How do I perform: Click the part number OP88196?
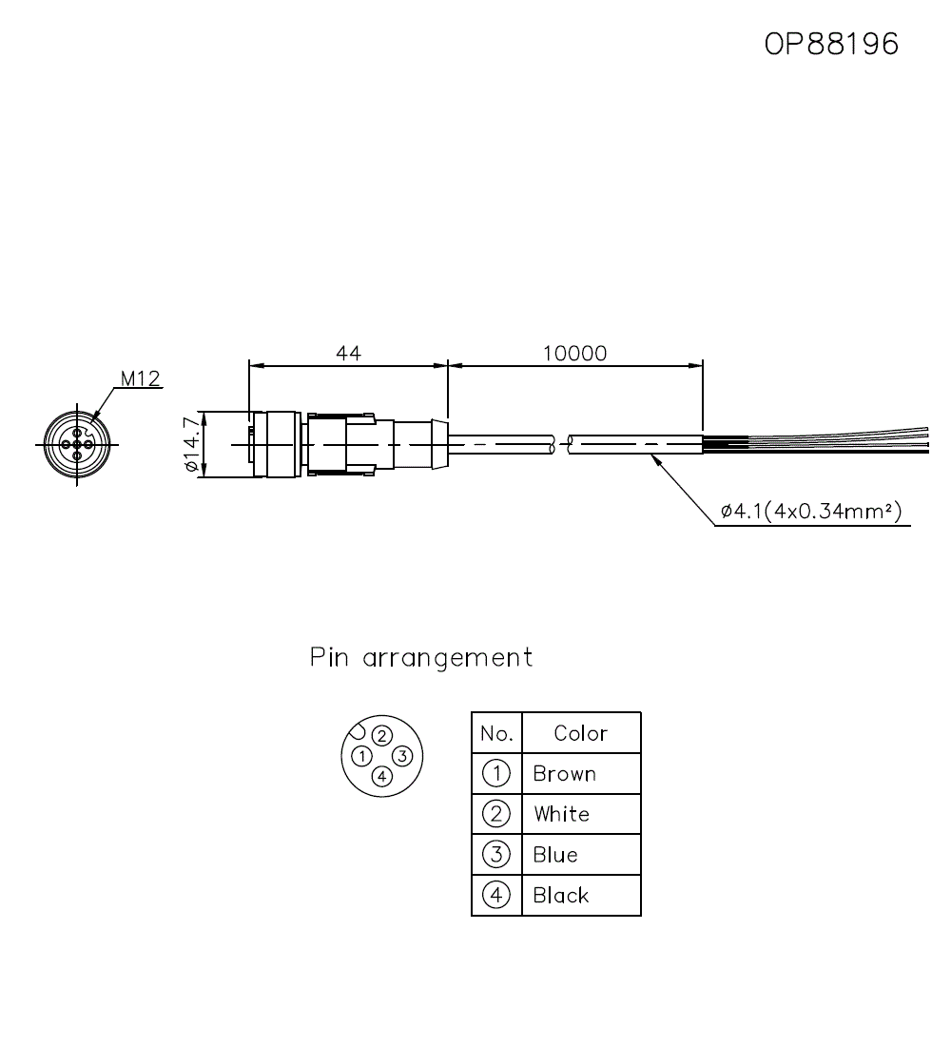coord(831,44)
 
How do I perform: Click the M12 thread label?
coord(139,378)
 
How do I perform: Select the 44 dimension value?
coord(348,353)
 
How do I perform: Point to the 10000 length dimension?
coord(574,353)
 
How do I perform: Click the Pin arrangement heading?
coord(421,657)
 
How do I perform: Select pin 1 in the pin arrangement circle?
coord(361,756)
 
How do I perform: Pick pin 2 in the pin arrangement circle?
coord(381,735)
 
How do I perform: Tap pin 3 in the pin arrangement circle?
coord(402,756)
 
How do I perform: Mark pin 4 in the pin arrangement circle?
coord(381,777)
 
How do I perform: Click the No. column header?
coord(496,733)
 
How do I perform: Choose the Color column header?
coord(580,733)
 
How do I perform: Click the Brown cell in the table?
coord(565,774)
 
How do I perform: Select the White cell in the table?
coord(561,814)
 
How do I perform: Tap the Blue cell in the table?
coord(555,855)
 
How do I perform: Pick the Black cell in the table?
coord(561,896)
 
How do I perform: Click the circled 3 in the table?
coord(496,854)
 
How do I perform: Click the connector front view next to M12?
coord(76,444)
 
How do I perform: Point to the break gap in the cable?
coord(561,444)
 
